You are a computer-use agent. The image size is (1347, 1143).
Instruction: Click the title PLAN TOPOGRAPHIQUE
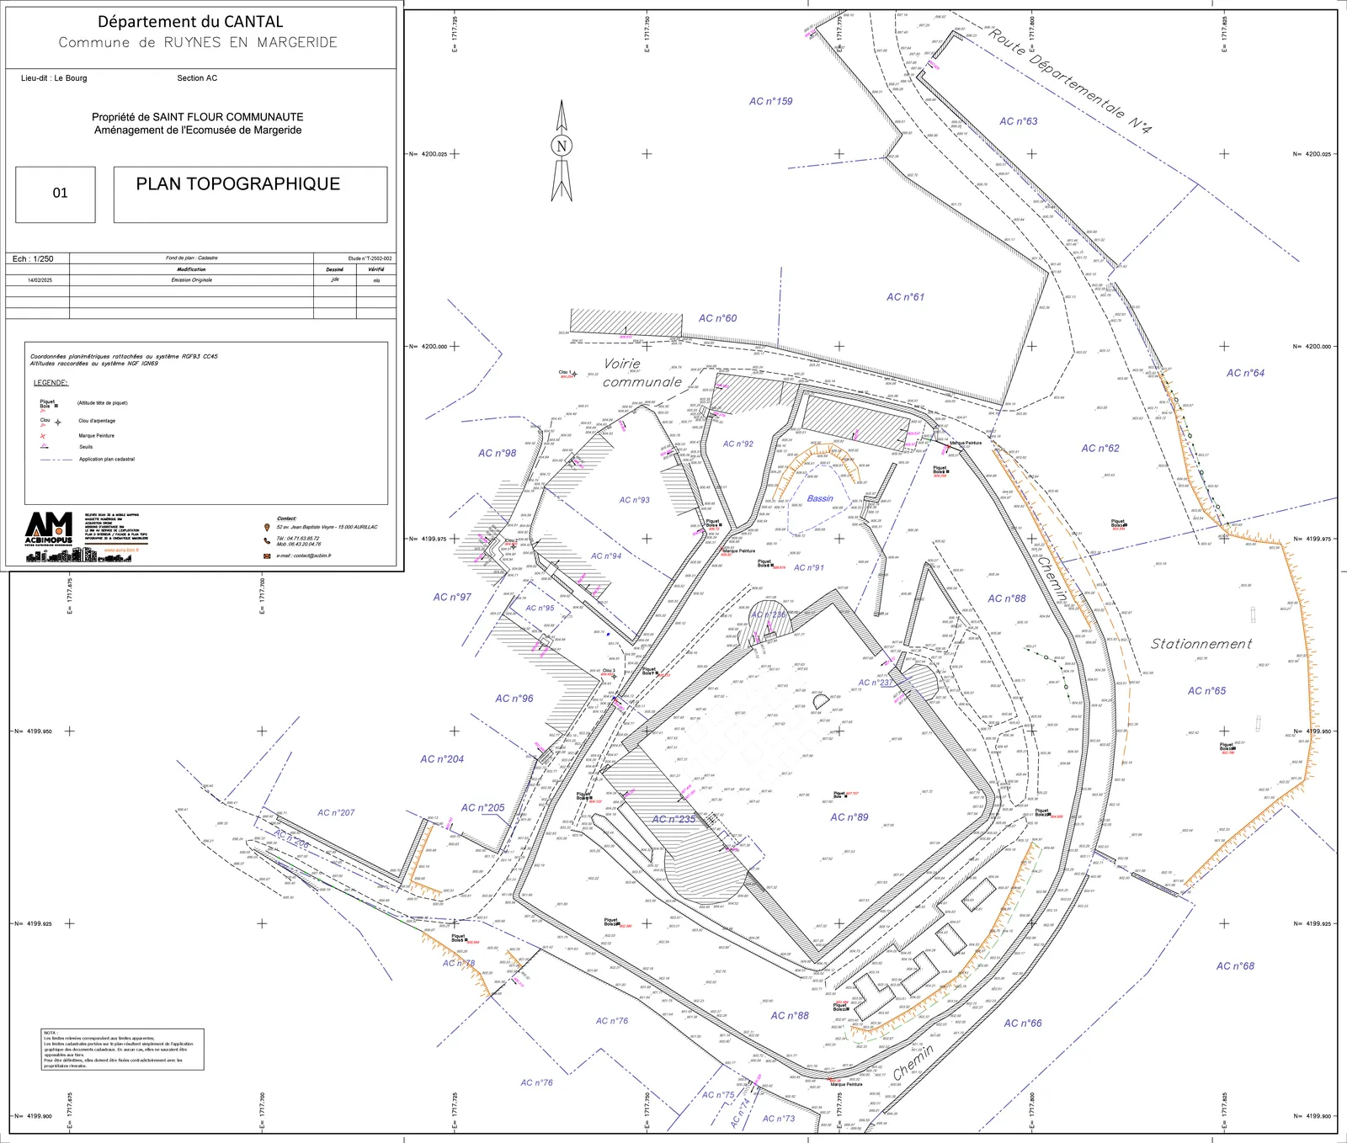(x=238, y=184)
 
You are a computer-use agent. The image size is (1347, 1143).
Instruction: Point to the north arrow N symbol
(x=562, y=146)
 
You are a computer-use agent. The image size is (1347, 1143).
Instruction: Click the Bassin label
(x=820, y=498)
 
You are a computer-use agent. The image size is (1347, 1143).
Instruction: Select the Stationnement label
(x=1201, y=644)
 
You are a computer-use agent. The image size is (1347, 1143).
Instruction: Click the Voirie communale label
(x=642, y=373)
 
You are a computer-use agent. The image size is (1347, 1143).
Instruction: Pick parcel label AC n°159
(x=770, y=101)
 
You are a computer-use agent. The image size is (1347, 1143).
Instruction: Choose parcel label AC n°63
(x=1018, y=121)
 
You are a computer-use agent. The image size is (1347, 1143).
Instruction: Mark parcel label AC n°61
(x=905, y=297)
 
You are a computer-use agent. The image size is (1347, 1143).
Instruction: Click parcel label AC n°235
(x=673, y=819)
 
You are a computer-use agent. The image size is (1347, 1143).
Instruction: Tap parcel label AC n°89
(x=849, y=817)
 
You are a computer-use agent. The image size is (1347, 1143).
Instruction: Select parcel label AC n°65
(x=1206, y=691)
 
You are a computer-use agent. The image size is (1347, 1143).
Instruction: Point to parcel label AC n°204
(x=442, y=759)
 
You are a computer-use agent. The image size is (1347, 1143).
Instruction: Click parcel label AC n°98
(x=497, y=453)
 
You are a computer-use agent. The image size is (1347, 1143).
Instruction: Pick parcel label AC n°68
(x=1235, y=966)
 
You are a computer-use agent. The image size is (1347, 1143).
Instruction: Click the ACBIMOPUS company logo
(x=49, y=534)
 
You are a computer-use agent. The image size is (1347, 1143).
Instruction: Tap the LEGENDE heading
(x=51, y=383)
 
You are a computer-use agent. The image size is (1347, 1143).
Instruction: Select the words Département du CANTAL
(x=190, y=22)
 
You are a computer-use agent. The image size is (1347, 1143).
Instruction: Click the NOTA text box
(x=123, y=1050)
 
